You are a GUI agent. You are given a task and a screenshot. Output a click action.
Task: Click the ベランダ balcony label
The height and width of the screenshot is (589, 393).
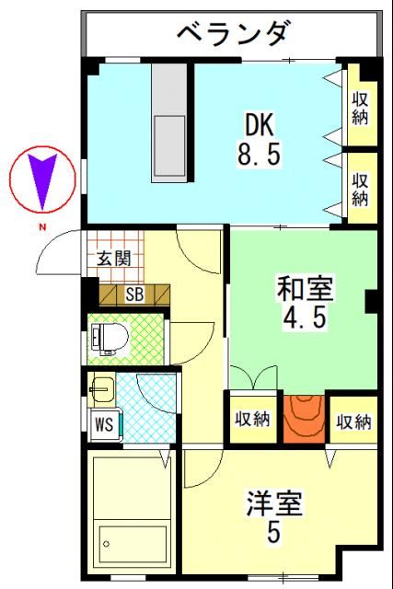point(231,35)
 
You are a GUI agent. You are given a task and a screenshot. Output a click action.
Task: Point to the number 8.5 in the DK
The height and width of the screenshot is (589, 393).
point(259,154)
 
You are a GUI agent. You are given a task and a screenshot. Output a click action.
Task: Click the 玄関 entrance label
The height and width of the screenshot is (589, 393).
point(113,258)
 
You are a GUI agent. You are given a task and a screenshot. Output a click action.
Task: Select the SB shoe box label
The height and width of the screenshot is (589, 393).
point(134,294)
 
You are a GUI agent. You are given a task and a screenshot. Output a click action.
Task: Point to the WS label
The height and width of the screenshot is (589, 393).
point(103,425)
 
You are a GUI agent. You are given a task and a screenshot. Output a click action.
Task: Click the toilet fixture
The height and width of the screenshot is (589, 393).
point(110,339)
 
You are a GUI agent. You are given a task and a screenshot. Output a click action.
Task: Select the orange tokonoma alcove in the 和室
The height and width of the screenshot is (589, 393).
point(305,419)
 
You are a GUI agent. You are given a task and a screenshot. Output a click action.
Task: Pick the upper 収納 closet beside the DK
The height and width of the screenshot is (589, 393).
point(360,107)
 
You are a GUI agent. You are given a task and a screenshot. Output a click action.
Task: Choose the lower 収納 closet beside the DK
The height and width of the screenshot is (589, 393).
point(360,188)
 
